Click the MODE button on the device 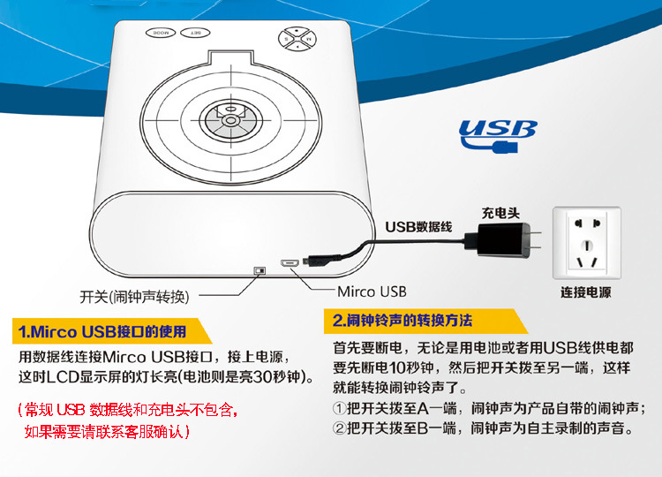pyautogui.click(x=161, y=33)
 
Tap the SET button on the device pyautogui.click(x=195, y=33)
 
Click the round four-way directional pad pyautogui.click(x=297, y=39)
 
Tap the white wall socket pyautogui.click(x=587, y=243)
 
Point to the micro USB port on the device pyautogui.click(x=290, y=263)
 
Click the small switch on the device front pyautogui.click(x=260, y=270)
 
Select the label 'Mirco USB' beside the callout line pyautogui.click(x=372, y=291)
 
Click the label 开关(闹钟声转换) pyautogui.click(x=135, y=297)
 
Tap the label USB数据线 pyautogui.click(x=418, y=227)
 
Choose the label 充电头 pyautogui.click(x=500, y=213)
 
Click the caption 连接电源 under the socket pyautogui.click(x=586, y=292)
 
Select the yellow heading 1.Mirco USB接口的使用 pyautogui.click(x=102, y=331)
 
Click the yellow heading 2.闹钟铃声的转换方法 pyautogui.click(x=402, y=321)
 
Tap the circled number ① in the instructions pyautogui.click(x=339, y=409)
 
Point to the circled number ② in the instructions pyautogui.click(x=339, y=428)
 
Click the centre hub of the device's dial pyautogui.click(x=230, y=120)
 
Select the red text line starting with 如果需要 pyautogui.click(x=107, y=431)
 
